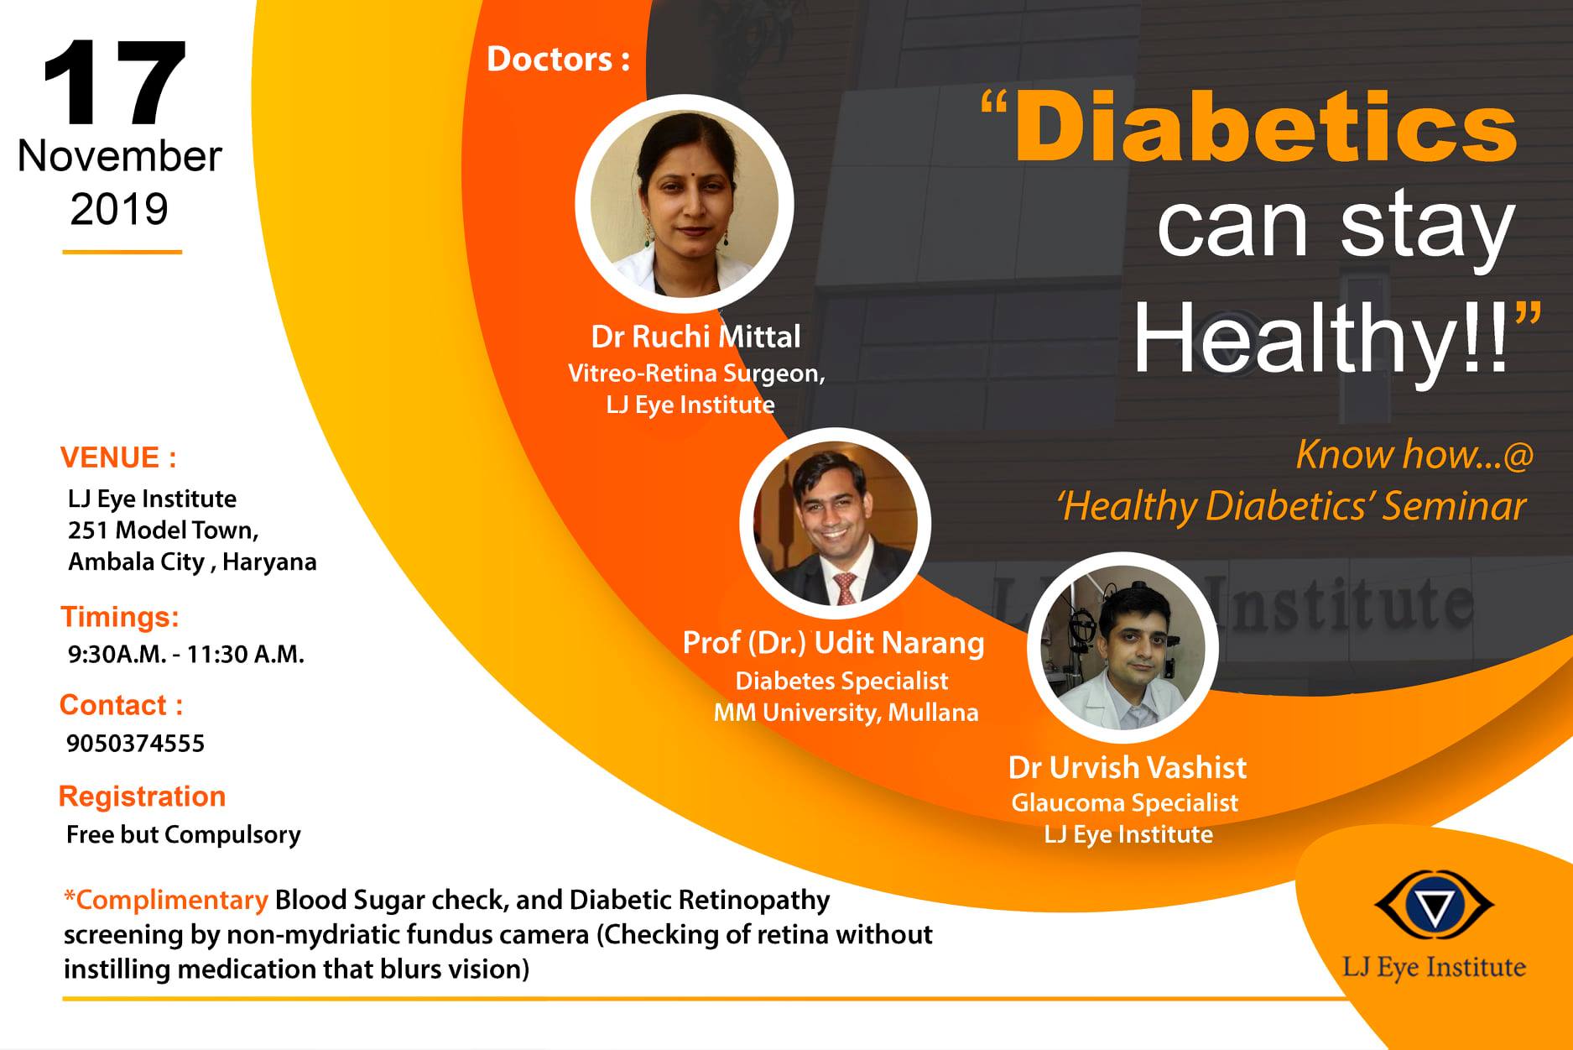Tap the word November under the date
(120, 156)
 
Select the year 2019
(119, 209)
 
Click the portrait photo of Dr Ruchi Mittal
(685, 204)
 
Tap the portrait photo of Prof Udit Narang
(835, 524)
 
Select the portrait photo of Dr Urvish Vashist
(1122, 647)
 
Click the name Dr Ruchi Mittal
(696, 337)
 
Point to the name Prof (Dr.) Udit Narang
(834, 643)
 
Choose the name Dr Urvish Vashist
(1128, 767)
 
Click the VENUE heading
(118, 457)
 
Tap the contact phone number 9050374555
(135, 744)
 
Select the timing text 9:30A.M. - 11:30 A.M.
(186, 654)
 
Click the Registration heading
(143, 797)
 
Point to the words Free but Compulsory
(184, 834)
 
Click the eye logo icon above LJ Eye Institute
(1434, 906)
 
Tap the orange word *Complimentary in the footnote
(166, 900)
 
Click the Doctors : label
(558, 59)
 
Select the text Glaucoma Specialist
(1125, 803)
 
